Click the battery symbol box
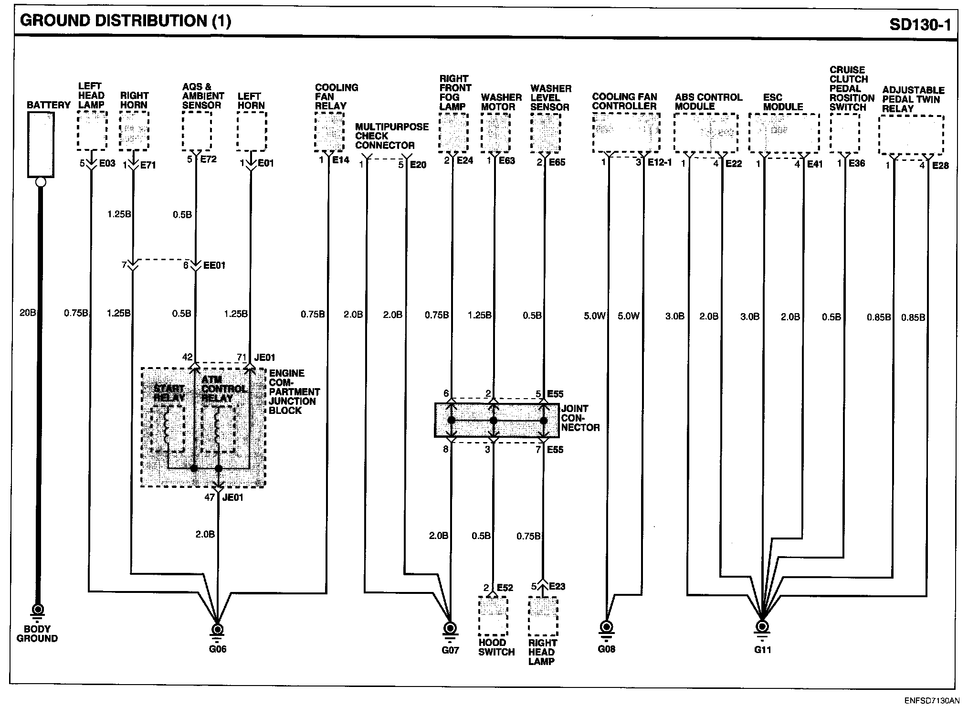[x=41, y=145]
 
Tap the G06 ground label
[x=218, y=649]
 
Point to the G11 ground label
[x=762, y=650]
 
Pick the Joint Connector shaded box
[x=496, y=420]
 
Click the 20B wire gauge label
[x=27, y=313]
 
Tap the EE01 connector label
[x=214, y=265]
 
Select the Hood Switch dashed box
[x=493, y=616]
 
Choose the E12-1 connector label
[x=659, y=163]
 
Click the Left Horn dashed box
[x=252, y=131]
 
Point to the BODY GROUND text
[x=37, y=634]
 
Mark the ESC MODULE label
[x=783, y=102]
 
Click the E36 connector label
[x=857, y=163]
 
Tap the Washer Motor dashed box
[x=495, y=133]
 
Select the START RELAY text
[x=168, y=393]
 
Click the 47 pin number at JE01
[x=209, y=497]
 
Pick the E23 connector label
[x=557, y=587]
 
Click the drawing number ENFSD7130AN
[x=931, y=701]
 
